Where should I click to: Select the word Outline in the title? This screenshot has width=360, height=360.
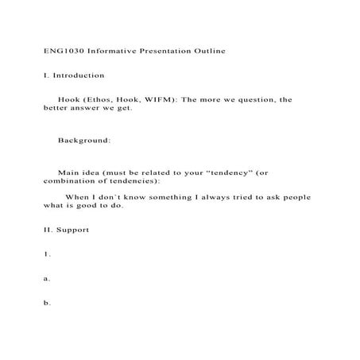pos(209,51)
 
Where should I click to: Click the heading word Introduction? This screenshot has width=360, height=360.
pos(79,75)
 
